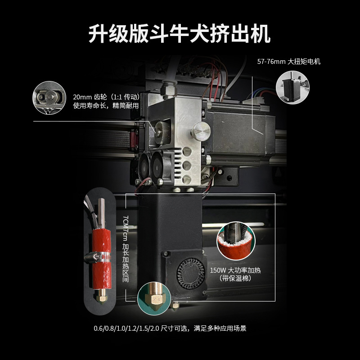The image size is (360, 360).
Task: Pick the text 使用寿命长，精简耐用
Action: (105, 106)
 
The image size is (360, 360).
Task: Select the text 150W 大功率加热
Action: (235, 270)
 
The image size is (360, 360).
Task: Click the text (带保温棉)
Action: (235, 279)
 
